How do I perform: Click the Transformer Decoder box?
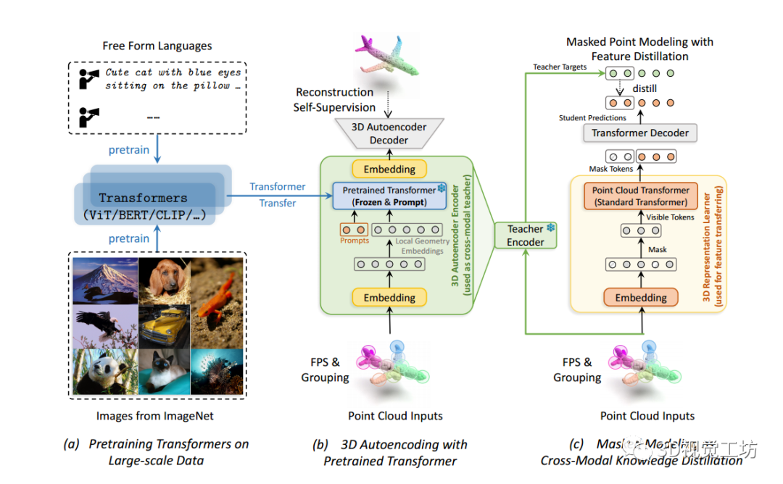[640, 133]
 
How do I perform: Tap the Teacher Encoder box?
[526, 235]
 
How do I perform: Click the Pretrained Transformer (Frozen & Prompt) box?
[390, 196]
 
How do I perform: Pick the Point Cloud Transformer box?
[640, 196]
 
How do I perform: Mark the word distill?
[645, 88]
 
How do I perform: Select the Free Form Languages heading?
[157, 46]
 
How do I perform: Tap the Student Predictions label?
[592, 117]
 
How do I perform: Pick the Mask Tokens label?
[610, 169]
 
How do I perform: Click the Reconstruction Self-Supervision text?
[334, 100]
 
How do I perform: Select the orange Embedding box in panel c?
[641, 298]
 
